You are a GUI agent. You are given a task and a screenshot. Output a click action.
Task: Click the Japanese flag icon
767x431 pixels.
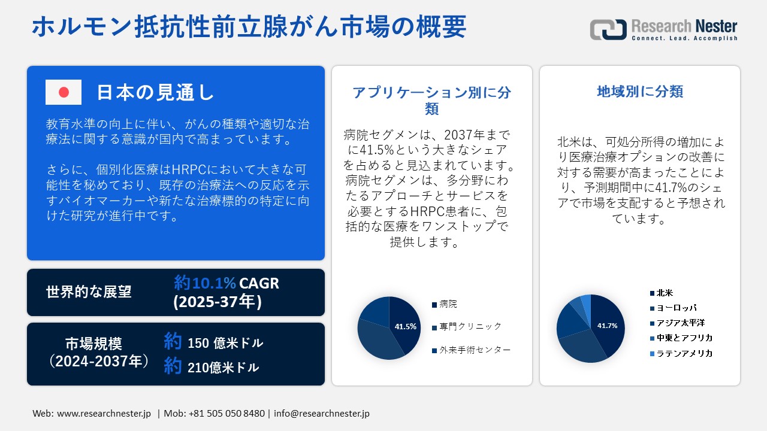click(x=64, y=92)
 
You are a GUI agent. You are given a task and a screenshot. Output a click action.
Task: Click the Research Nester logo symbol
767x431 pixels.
click(x=608, y=29)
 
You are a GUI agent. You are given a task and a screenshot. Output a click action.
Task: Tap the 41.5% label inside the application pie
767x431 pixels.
click(x=406, y=327)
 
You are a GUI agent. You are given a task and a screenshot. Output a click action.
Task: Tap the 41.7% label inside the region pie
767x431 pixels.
click(x=607, y=326)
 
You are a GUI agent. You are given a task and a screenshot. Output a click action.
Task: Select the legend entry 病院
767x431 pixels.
click(x=445, y=304)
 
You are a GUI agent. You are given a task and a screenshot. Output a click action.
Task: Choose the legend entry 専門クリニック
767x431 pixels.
click(x=467, y=327)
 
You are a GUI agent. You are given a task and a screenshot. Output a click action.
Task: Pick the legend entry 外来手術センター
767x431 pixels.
click(x=471, y=350)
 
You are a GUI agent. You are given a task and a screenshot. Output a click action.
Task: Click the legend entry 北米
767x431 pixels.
click(x=662, y=293)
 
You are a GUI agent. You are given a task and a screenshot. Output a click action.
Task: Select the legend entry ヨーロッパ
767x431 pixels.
click(x=673, y=308)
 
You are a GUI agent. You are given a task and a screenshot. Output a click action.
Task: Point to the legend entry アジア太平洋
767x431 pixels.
click(x=677, y=323)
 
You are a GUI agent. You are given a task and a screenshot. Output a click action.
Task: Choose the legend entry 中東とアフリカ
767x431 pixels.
click(x=681, y=338)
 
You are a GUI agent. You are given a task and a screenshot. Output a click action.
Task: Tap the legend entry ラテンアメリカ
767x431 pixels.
click(x=681, y=353)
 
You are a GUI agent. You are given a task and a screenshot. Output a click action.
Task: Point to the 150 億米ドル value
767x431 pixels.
click(x=225, y=343)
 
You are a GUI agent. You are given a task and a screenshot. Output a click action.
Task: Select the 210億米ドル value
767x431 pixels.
click(x=224, y=368)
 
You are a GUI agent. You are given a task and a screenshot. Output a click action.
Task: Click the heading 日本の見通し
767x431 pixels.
click(x=155, y=92)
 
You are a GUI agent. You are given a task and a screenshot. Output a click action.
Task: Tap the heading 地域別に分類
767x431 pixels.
click(x=640, y=92)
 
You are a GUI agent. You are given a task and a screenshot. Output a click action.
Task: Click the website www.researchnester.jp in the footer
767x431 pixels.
click(x=104, y=413)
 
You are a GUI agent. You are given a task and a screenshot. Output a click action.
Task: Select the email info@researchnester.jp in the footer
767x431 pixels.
click(x=322, y=413)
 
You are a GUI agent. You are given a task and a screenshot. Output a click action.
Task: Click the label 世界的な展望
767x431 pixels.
click(x=89, y=292)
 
